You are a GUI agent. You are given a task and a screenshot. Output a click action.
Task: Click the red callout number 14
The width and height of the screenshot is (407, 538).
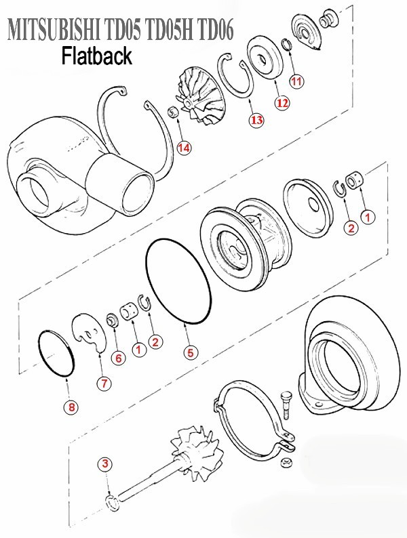183,147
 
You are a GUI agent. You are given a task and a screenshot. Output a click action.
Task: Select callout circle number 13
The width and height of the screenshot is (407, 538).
256,120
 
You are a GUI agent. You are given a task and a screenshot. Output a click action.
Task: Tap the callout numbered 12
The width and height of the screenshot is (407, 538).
282,103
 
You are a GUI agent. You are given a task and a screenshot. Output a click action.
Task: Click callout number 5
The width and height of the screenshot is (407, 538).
191,352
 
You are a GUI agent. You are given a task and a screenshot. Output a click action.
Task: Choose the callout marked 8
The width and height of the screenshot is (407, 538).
71,407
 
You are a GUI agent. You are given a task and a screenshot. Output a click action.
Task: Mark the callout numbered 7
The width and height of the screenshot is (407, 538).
104,383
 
